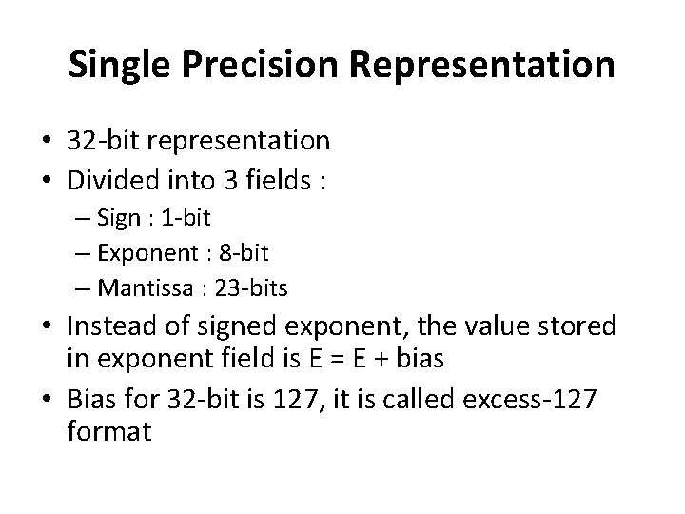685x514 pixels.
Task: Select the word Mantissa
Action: click(144, 286)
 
